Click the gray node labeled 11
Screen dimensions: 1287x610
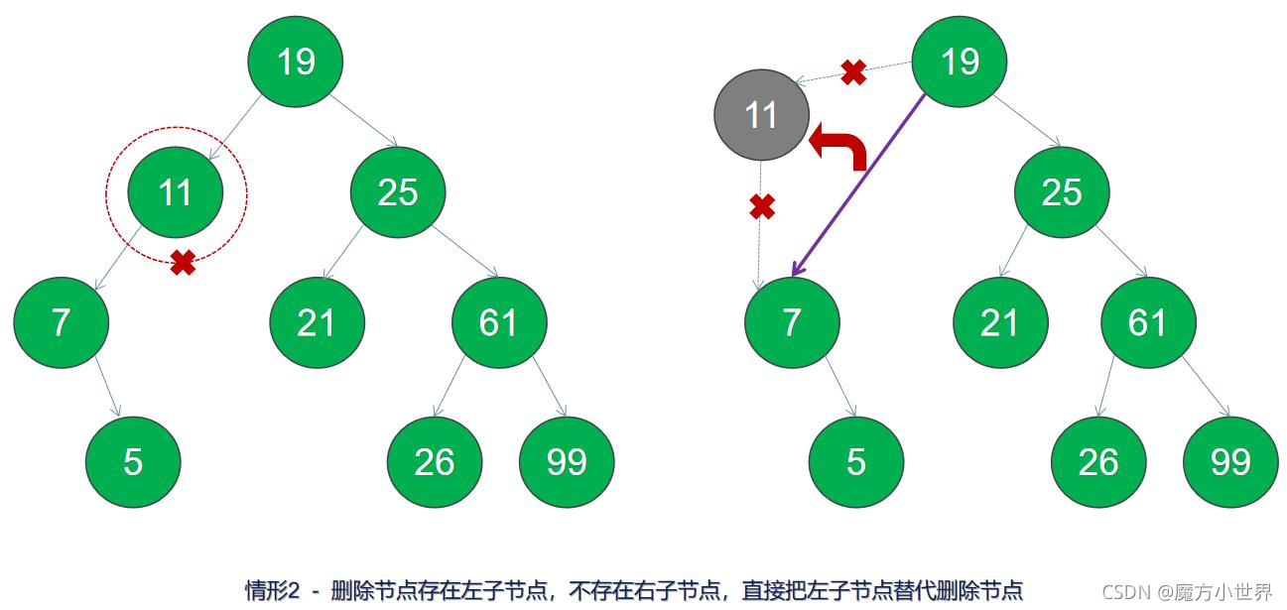(760, 115)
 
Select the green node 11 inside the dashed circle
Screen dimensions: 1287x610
(175, 192)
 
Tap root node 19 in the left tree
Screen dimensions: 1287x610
(296, 61)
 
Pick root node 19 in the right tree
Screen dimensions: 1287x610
(959, 61)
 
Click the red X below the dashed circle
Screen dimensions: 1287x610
(183, 262)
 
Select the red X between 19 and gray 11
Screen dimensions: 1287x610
(853, 71)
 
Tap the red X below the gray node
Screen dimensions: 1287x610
(761, 207)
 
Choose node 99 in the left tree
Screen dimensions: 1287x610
(567, 462)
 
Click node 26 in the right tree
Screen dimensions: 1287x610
(1098, 462)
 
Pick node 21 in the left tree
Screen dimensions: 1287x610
(317, 323)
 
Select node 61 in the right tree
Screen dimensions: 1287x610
(1148, 323)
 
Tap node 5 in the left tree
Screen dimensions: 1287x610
(133, 462)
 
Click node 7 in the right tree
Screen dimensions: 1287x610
(792, 323)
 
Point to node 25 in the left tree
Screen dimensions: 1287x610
(398, 192)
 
